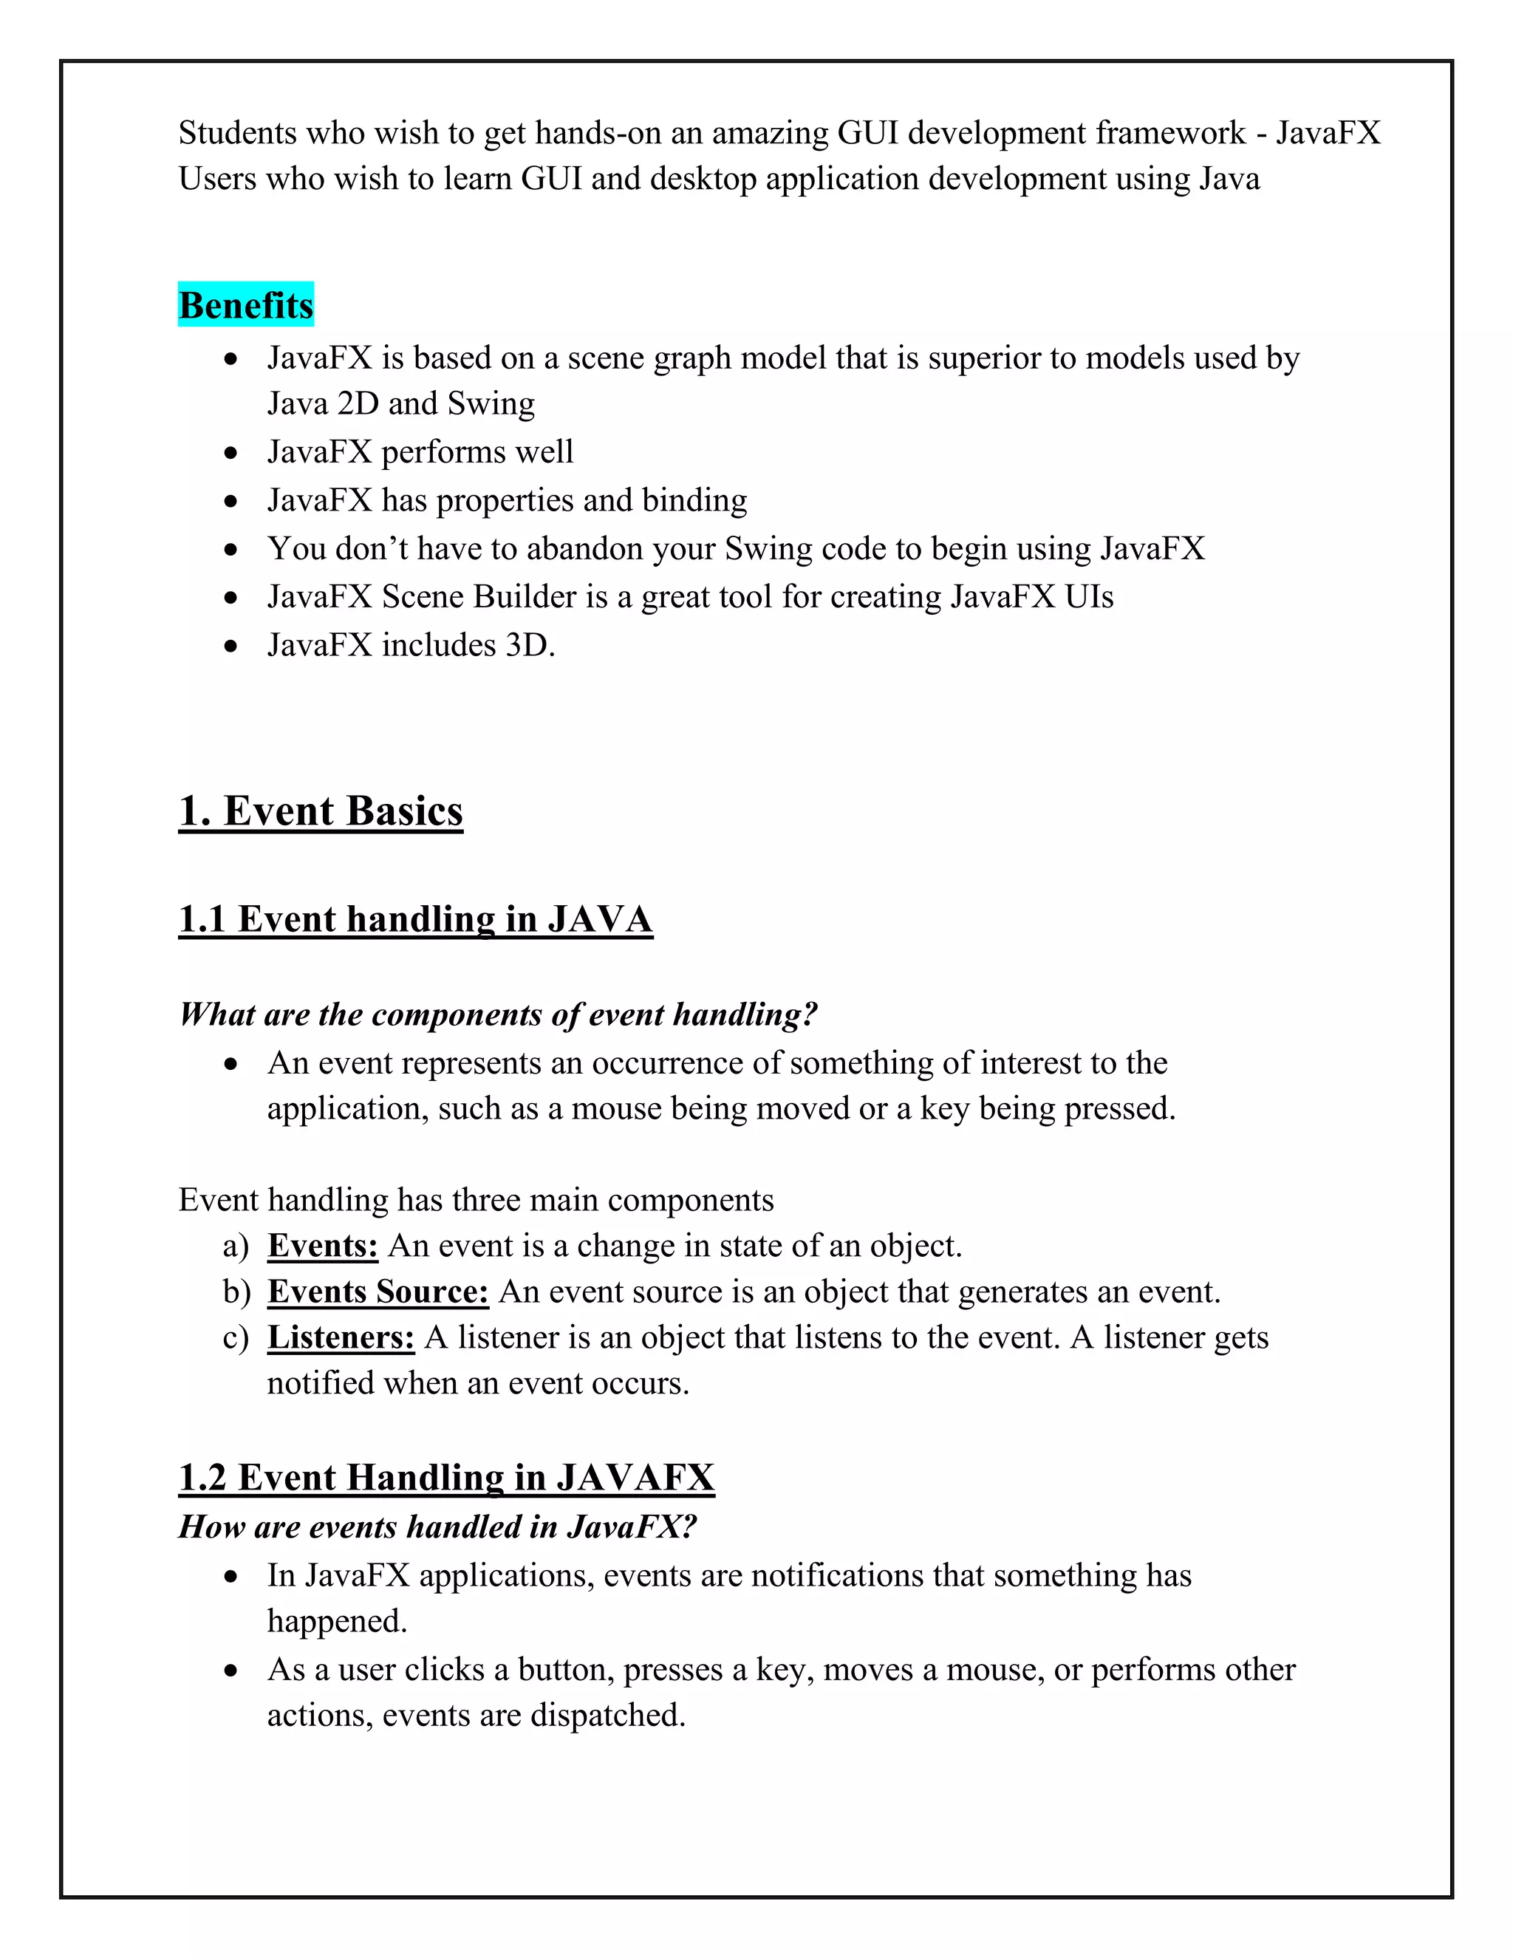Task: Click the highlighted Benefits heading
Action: point(245,305)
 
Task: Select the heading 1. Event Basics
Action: point(321,811)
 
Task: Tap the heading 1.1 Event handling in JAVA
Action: point(415,919)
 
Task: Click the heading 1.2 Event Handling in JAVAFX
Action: point(446,1478)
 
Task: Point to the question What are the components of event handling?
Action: point(497,1014)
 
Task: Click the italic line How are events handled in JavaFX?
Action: point(437,1526)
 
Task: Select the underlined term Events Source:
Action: point(378,1291)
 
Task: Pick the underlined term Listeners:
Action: point(341,1337)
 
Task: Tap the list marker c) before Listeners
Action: point(235,1337)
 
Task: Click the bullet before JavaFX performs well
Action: point(231,453)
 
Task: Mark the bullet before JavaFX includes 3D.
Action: point(231,646)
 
